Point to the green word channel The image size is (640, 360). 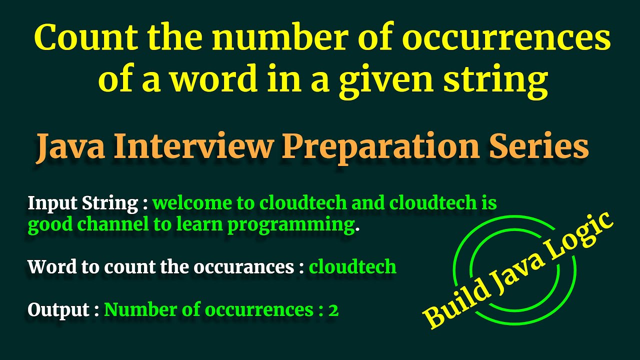(x=113, y=225)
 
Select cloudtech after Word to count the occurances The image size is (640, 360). (x=352, y=267)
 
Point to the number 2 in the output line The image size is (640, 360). (x=333, y=310)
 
